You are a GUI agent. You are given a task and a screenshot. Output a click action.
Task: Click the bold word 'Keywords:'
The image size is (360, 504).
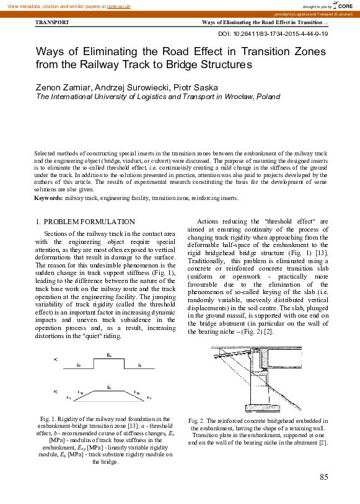48,198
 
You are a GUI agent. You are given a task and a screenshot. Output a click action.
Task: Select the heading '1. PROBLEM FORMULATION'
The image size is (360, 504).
85,221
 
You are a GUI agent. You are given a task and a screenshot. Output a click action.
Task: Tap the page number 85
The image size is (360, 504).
323,477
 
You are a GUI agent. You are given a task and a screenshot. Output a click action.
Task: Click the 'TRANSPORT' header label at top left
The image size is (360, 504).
53,22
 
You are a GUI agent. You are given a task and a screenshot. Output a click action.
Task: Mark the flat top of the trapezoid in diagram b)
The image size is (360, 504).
109,390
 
